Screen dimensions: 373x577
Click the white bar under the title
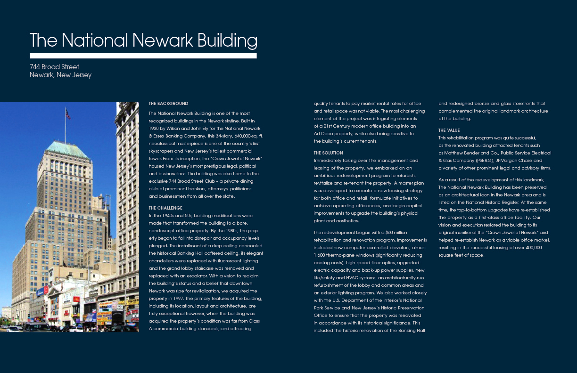[x=143, y=56]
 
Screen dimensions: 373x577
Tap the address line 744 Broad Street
[x=54, y=67]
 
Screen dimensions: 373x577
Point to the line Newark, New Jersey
[x=60, y=75]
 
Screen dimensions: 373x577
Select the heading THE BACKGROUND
[x=168, y=104]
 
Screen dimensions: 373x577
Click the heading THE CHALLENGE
[x=165, y=208]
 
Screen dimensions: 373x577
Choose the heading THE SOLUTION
[x=328, y=153]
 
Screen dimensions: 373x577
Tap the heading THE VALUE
[x=449, y=130]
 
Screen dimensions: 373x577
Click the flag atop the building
[x=68, y=114]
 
